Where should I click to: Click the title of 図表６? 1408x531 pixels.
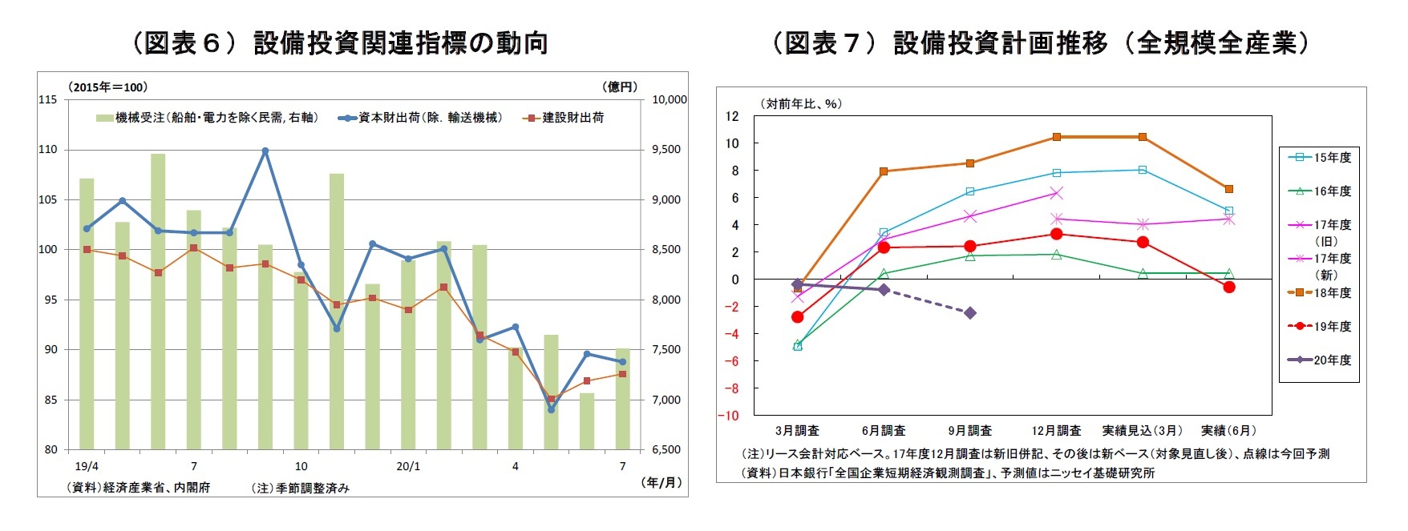click(x=340, y=42)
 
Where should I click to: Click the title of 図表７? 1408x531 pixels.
click(x=1040, y=42)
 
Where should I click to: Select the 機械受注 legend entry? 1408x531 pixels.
click(x=208, y=118)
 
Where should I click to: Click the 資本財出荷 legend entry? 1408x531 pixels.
click(x=422, y=118)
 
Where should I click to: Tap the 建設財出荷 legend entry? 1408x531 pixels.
click(x=564, y=118)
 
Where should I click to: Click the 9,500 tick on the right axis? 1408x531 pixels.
click(x=666, y=150)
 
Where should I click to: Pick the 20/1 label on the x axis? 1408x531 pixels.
click(x=408, y=466)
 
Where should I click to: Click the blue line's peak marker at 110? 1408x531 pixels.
click(x=265, y=151)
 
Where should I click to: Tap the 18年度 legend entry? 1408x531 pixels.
click(x=1321, y=293)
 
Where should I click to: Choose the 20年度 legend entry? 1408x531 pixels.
click(x=1321, y=360)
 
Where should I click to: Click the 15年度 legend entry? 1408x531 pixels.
click(x=1321, y=158)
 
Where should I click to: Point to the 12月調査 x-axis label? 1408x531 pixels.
click(x=1056, y=431)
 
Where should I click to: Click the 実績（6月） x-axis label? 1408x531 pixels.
click(x=1228, y=431)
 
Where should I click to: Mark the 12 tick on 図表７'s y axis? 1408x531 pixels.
click(x=732, y=117)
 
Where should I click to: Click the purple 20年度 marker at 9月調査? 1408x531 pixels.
click(x=970, y=313)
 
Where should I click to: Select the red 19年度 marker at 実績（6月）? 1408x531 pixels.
click(x=1229, y=287)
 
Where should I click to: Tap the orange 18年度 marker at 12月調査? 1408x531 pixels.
click(x=1057, y=137)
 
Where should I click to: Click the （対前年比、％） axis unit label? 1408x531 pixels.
click(x=799, y=104)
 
